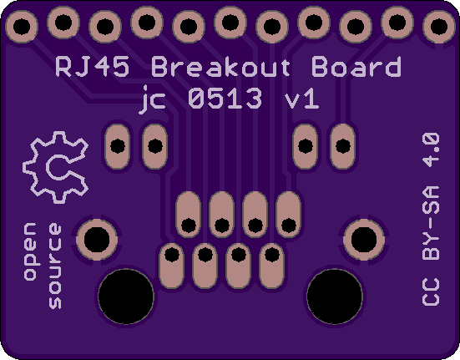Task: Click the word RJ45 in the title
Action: [x=93, y=67]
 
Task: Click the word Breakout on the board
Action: [x=221, y=67]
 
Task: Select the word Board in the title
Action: [x=356, y=67]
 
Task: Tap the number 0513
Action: [x=225, y=99]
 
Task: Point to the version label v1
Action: [x=302, y=99]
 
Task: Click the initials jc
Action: [x=153, y=99]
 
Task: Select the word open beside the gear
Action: [x=30, y=251]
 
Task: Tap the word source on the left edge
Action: [x=55, y=266]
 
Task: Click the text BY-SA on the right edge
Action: [x=431, y=223]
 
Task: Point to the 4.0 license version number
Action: [x=431, y=150]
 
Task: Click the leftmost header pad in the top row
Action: [x=22, y=27]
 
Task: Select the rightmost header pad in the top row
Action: [x=439, y=27]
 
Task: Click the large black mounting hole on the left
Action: [x=126, y=297]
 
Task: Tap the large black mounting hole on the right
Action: [x=335, y=297]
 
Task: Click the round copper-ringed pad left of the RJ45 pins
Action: [x=97, y=240]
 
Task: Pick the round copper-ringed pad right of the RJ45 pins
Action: [x=364, y=240]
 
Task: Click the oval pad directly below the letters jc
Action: [x=155, y=146]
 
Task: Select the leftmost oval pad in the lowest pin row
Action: [x=172, y=266]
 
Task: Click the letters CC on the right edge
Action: [x=431, y=292]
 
